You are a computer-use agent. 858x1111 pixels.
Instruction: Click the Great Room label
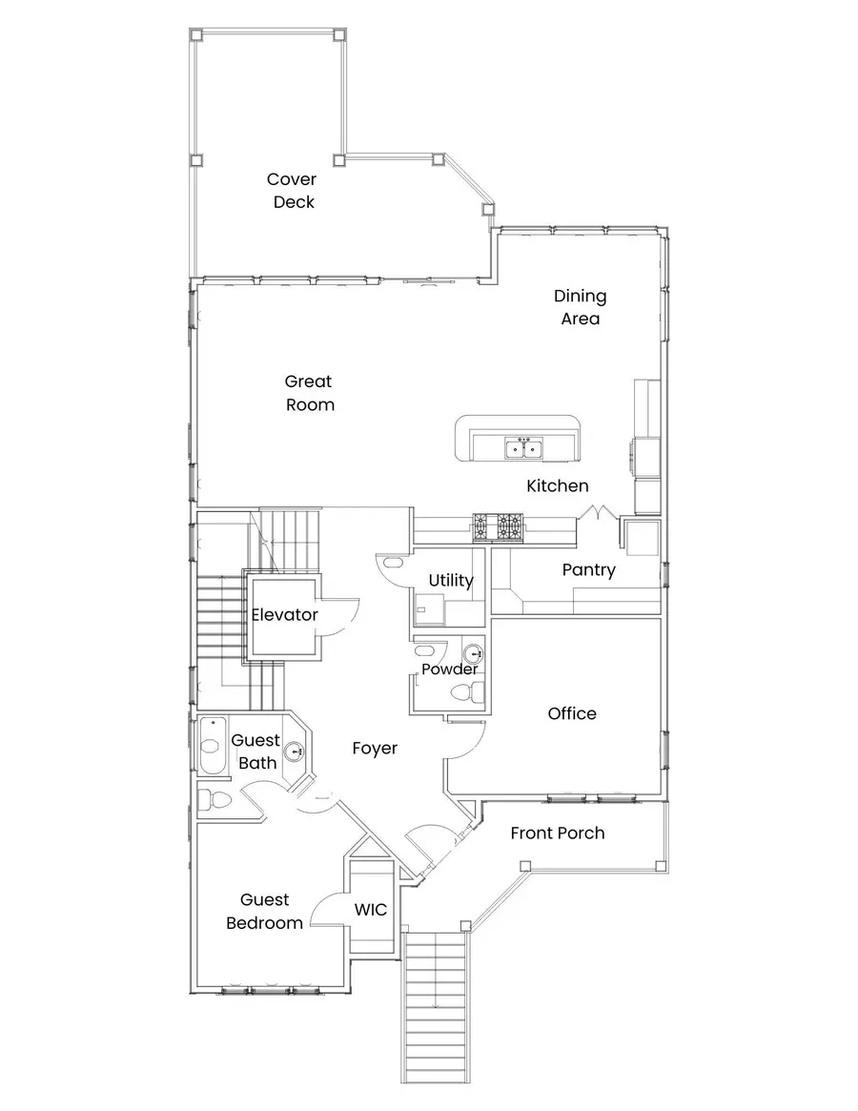tap(310, 393)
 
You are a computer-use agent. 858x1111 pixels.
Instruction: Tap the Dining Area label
tap(581, 307)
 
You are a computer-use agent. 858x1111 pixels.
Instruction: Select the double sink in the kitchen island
tap(524, 448)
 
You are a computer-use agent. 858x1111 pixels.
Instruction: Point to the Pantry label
tap(589, 570)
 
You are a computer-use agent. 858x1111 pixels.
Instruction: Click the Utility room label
tap(451, 581)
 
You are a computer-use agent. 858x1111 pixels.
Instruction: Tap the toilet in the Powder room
tap(468, 690)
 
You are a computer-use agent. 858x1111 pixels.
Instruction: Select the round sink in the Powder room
tap(473, 653)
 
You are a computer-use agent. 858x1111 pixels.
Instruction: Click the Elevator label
tap(285, 614)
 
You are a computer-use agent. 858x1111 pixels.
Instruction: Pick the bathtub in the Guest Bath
tap(212, 746)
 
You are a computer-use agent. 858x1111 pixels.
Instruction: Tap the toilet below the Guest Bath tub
tap(214, 801)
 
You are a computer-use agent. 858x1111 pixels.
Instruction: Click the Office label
tap(572, 713)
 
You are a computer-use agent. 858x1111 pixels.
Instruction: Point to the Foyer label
tap(375, 749)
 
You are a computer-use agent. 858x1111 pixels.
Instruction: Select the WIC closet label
tap(371, 909)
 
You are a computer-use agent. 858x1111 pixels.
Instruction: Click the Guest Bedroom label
tap(264, 911)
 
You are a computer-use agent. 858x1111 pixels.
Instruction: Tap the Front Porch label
tap(558, 833)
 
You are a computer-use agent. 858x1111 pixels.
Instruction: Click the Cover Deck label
tap(292, 191)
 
